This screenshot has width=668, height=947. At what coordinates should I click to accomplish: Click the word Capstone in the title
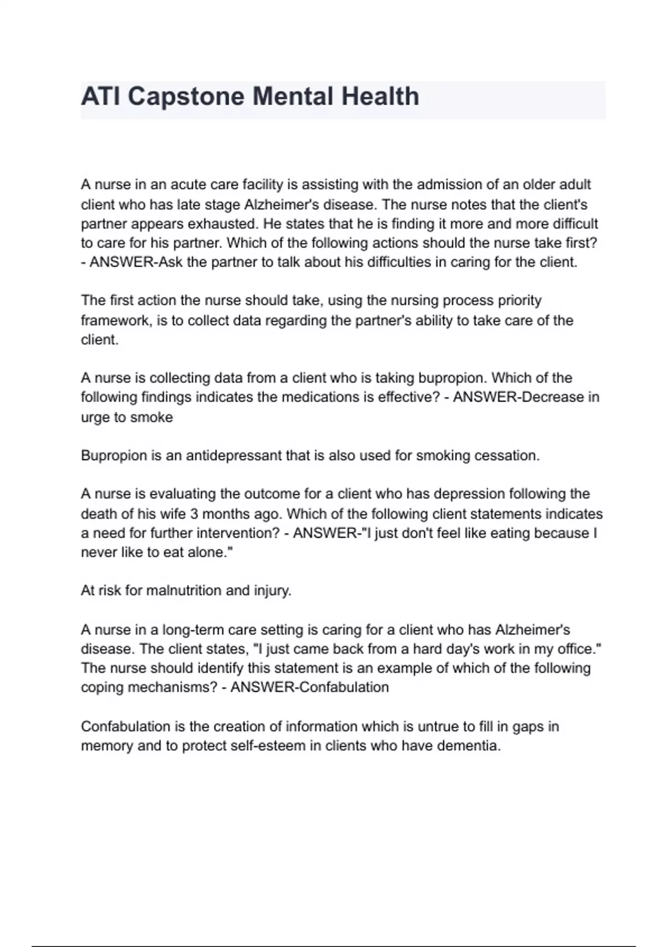pos(186,96)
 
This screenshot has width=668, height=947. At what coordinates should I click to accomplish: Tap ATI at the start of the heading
pos(101,96)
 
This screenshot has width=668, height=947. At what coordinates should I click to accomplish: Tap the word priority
pos(515,301)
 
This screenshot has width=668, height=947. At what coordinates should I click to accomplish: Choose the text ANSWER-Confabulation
pos(310,687)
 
